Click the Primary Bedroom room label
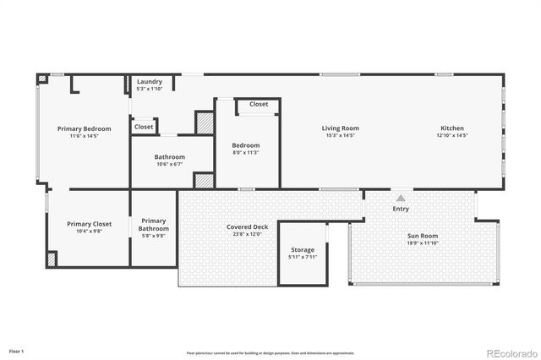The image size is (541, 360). tap(84, 128)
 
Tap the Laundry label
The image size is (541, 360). tap(150, 82)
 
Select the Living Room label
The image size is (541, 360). tap(338, 128)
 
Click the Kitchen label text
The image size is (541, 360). tap(452, 128)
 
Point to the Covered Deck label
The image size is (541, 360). tap(247, 226)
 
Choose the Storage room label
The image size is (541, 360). tap(303, 249)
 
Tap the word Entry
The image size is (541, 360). tap(401, 209)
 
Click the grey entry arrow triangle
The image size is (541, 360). tap(401, 197)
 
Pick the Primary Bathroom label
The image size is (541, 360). tap(154, 225)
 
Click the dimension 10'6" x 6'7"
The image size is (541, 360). tap(170, 165)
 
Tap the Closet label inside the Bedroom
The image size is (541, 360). tap(259, 105)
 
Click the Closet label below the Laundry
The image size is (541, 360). tap(144, 127)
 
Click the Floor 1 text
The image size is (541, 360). tap(17, 350)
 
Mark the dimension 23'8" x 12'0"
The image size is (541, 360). tap(247, 234)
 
